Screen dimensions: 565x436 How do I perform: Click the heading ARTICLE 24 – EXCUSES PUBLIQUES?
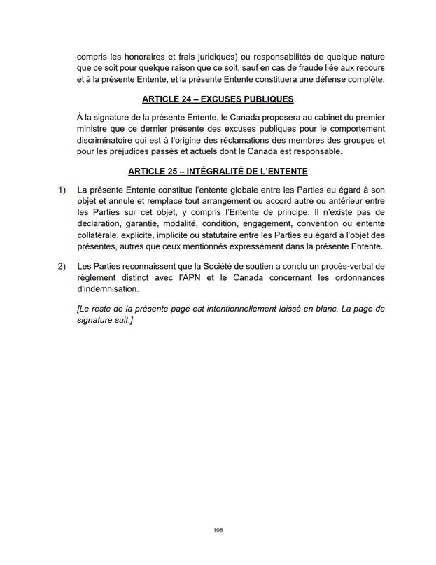coord(218,99)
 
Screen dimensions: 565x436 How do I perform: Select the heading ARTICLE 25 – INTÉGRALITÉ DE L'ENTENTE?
coord(218,172)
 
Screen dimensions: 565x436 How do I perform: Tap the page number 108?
coord(218,531)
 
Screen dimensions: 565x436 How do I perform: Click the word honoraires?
coord(141,55)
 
